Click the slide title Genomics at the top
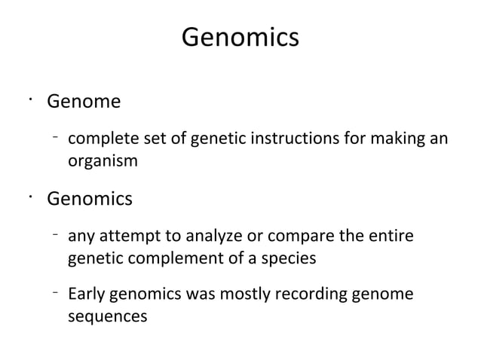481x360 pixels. (x=240, y=37)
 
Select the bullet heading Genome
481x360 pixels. (x=84, y=100)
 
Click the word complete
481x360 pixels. (x=98, y=140)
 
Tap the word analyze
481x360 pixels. (x=197, y=239)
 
